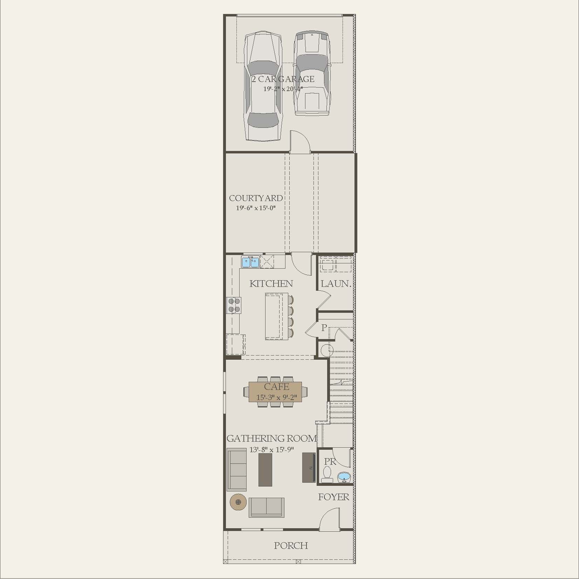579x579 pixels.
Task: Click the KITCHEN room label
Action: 271,284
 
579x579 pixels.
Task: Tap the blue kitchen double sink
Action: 250,262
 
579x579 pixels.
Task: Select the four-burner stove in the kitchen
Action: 234,305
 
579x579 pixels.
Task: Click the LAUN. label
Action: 336,284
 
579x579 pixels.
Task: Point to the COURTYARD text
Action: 256,198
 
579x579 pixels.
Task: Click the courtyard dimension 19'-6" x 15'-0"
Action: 256,208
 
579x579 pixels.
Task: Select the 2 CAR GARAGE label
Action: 283,79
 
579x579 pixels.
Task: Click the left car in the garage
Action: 263,86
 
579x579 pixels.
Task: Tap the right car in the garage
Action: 312,74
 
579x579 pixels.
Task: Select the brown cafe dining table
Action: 275,392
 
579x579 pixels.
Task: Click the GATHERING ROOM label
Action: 271,439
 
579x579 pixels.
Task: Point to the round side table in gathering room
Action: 238,502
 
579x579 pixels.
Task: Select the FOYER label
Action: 333,497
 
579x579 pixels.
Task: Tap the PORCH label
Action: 291,545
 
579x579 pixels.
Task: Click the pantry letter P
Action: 324,328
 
